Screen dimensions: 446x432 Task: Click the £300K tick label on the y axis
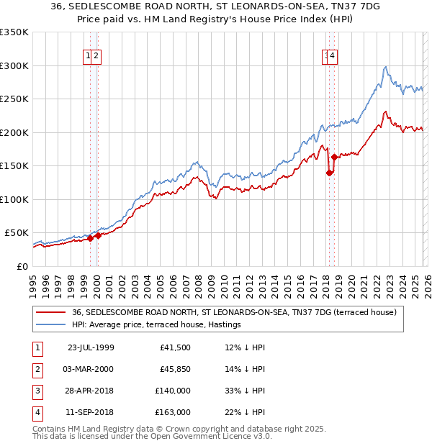click(14, 65)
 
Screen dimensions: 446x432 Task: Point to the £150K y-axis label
click(14, 165)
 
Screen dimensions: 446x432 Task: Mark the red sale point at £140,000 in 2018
click(329, 173)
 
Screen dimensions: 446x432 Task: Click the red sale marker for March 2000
click(98, 235)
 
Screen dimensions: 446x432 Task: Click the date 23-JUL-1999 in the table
click(90, 347)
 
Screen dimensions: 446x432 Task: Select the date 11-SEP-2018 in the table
click(90, 412)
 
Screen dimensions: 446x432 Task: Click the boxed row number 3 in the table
click(36, 391)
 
